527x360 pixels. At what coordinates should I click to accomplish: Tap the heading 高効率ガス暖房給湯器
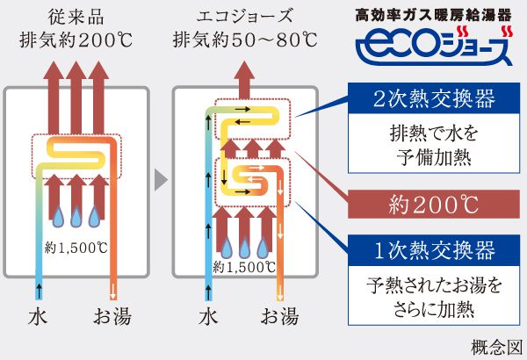(436, 15)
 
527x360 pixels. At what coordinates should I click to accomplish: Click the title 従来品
(71, 15)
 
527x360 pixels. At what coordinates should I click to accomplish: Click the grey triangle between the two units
(159, 181)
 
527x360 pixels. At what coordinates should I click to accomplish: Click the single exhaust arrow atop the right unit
(249, 75)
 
